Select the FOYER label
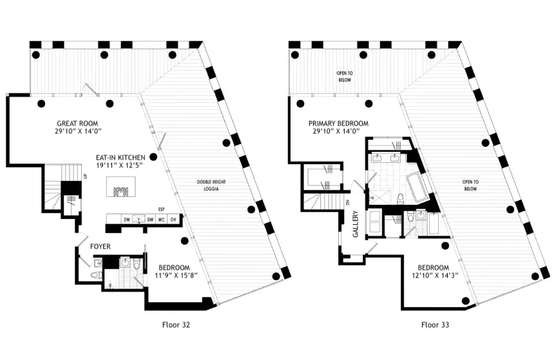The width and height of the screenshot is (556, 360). (100, 246)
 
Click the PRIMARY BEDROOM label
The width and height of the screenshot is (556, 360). (338, 123)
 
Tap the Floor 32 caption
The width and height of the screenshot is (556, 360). (175, 325)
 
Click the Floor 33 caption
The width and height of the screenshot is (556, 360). (435, 325)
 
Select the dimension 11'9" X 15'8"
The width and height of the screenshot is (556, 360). (175, 276)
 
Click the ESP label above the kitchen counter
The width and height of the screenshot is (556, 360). (162, 209)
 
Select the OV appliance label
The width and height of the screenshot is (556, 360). (173, 219)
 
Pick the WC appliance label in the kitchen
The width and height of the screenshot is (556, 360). (162, 219)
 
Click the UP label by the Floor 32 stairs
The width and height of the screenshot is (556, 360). (84, 176)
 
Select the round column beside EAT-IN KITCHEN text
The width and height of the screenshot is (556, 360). (153, 156)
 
